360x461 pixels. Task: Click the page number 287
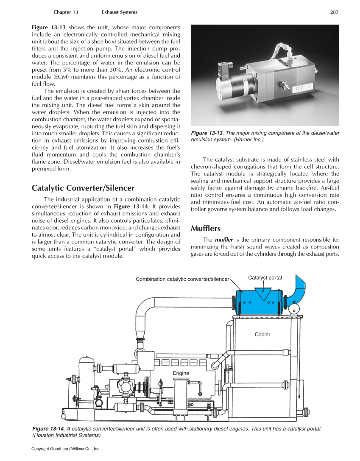point(334,12)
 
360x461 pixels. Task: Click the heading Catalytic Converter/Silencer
point(83,188)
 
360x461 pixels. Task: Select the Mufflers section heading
point(206,229)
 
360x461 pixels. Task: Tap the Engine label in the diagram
point(181,373)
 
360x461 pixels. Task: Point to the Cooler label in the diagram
point(262,335)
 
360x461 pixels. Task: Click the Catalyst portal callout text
point(265,278)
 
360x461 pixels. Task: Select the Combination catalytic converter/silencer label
point(182,279)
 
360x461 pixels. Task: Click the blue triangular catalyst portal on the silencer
point(265,295)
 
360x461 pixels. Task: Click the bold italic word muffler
point(224,240)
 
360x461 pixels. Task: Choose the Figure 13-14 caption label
point(48,429)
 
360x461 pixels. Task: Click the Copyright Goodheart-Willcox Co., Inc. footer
point(66,449)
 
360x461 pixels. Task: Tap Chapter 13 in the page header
point(66,12)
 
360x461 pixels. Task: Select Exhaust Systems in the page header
point(120,12)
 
